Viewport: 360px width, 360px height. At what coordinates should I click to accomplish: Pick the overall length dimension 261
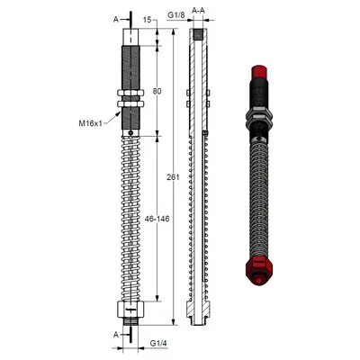(173, 177)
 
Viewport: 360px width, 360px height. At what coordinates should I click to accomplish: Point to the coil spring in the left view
(131, 216)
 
